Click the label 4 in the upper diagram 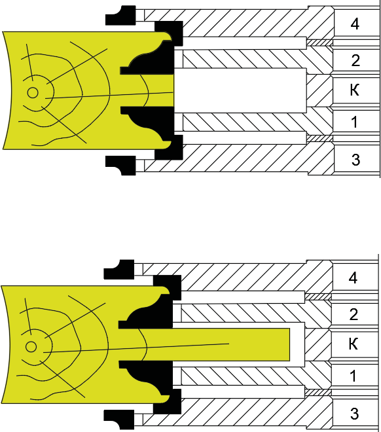coord(355,24)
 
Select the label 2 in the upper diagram coord(355,61)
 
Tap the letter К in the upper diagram coord(355,90)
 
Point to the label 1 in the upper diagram coord(355,122)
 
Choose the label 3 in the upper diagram coord(355,160)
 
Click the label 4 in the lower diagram coord(353,278)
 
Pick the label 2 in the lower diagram coord(354,315)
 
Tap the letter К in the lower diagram coord(353,344)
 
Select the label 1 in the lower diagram coord(353,376)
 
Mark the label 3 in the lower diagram coord(354,414)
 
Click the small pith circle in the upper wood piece coord(33,93)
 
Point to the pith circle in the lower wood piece coord(31,347)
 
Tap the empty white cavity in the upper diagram coord(240,90)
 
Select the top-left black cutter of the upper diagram coord(120,16)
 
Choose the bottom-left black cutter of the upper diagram coord(120,166)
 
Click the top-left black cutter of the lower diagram coord(119,270)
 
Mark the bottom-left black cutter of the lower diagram coord(119,420)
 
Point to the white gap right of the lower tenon coord(297,344)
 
